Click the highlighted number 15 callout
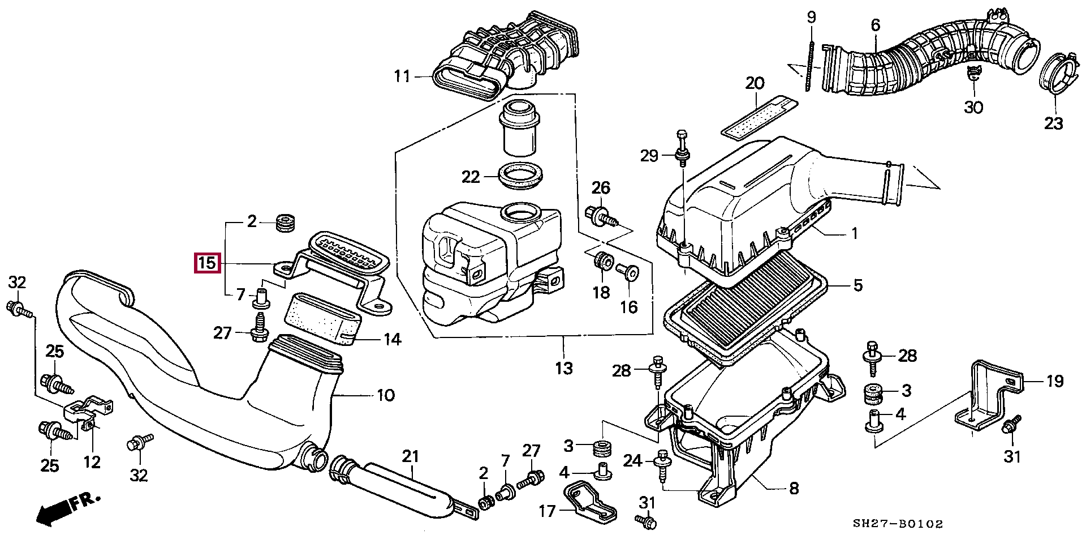[x=206, y=263]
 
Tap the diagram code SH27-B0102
[x=898, y=524]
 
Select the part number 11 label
[x=402, y=76]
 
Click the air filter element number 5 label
[x=857, y=285]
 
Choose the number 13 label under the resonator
[x=563, y=368]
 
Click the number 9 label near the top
[x=811, y=17]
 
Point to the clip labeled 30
[x=972, y=74]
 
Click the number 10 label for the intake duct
[x=386, y=395]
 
